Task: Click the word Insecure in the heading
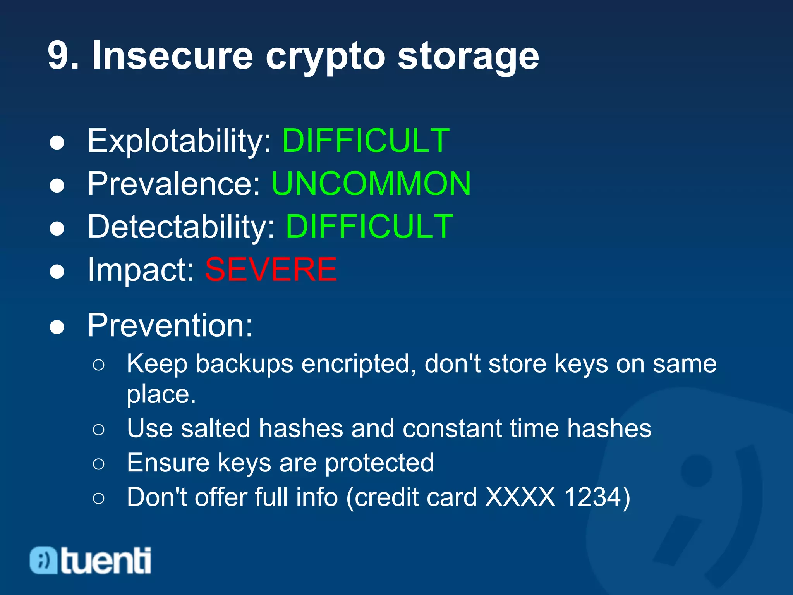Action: [x=172, y=56]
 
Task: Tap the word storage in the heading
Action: [x=468, y=58]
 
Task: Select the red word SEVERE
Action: [x=271, y=270]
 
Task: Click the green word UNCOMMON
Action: [x=371, y=184]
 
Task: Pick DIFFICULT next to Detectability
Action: [x=369, y=227]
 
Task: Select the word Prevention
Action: [x=170, y=325]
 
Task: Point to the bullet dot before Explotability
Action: [x=57, y=143]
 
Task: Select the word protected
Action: [x=379, y=463]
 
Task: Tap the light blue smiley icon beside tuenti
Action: [x=43, y=560]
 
